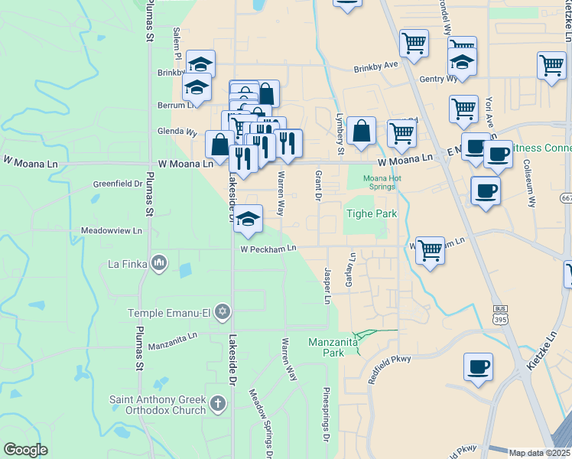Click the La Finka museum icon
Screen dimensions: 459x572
[159, 264]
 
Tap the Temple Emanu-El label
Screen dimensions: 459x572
[171, 312]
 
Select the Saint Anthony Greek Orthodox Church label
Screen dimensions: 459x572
[158, 405]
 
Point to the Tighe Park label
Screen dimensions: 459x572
[372, 213]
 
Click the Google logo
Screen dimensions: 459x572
[25, 450]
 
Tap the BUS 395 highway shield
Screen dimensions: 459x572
[500, 314]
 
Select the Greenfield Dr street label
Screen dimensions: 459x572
[118, 184]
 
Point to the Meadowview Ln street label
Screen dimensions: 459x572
[112, 230]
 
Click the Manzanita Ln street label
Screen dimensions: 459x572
[173, 335]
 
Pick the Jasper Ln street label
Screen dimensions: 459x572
[327, 285]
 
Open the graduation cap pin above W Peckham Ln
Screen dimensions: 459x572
[248, 219]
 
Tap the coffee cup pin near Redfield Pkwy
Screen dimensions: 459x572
[479, 366]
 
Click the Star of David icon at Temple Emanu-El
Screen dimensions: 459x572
[223, 311]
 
